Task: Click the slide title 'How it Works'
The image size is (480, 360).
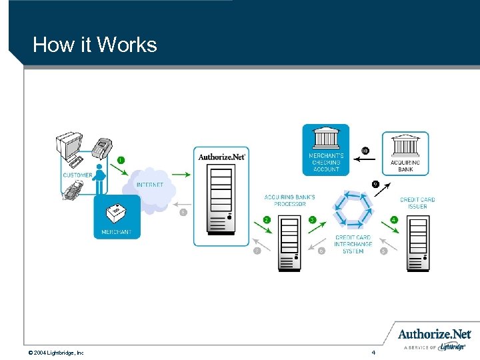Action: tap(95, 45)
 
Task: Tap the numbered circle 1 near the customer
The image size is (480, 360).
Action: tap(121, 159)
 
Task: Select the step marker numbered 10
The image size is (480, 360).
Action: tap(365, 150)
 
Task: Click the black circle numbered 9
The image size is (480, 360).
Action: tap(375, 183)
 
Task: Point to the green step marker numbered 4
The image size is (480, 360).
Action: tap(394, 219)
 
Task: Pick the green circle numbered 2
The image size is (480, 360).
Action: tap(267, 219)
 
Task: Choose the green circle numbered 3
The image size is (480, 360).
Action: tap(312, 219)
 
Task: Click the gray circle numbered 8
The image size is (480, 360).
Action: tap(183, 213)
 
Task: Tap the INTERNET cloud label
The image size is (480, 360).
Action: tap(150, 185)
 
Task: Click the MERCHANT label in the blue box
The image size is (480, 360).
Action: tap(116, 232)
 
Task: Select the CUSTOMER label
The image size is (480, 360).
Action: tap(78, 175)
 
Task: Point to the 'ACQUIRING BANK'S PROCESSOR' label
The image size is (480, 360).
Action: tap(289, 201)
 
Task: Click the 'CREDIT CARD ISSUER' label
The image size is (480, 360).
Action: tap(417, 203)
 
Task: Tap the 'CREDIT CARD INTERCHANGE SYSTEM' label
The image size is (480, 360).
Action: tap(353, 244)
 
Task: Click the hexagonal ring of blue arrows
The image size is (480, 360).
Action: tap(354, 209)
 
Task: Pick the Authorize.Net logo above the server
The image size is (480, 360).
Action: tap(222, 157)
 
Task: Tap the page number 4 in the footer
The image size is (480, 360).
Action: tap(374, 351)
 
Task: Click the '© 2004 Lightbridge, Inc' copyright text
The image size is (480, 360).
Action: tap(56, 352)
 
